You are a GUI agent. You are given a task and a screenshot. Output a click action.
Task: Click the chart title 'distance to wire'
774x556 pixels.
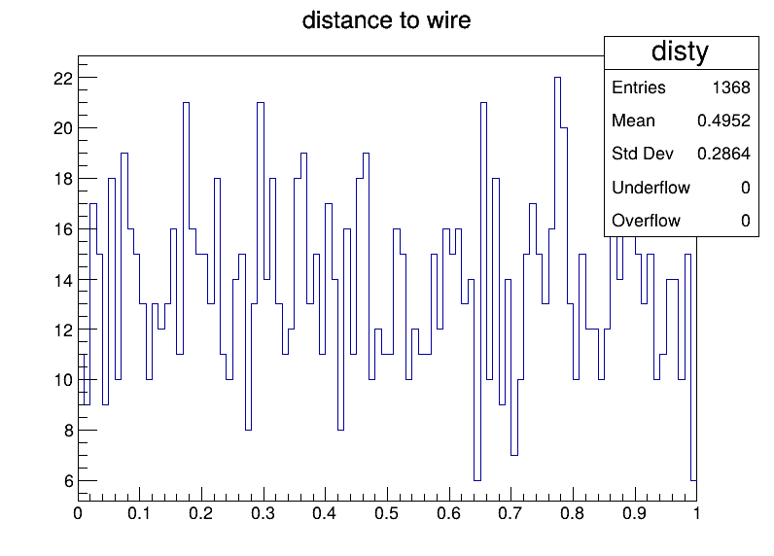(386, 20)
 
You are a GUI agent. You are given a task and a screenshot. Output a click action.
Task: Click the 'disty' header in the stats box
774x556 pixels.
(681, 52)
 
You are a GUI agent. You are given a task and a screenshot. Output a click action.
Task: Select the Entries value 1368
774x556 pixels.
(731, 87)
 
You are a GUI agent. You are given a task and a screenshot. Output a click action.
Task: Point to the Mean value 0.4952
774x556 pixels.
(723, 121)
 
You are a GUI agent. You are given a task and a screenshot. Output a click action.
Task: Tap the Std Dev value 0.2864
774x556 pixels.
(723, 154)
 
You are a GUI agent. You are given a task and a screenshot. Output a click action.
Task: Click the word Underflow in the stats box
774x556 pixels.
(651, 188)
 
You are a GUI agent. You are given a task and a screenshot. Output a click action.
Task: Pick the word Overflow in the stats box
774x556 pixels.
(646, 221)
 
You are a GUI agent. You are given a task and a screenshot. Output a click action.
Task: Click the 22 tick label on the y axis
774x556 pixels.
(63, 78)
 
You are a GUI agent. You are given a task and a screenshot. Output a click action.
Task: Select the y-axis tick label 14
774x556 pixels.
(63, 280)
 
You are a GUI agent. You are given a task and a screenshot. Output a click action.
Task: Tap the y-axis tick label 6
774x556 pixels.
(69, 481)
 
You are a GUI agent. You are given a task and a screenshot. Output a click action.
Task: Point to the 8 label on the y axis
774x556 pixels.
(69, 431)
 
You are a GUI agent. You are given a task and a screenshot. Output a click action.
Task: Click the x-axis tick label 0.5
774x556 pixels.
(386, 513)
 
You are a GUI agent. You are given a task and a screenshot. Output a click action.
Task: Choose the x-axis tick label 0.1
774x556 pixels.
(139, 513)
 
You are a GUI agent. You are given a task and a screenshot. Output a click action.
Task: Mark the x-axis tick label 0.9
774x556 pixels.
(634, 513)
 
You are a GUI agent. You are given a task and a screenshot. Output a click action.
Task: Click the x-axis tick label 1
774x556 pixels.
(696, 513)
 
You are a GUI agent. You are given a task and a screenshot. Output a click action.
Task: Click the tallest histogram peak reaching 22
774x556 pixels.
(557, 78)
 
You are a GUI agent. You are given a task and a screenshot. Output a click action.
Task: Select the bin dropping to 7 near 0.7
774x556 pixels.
(513, 455)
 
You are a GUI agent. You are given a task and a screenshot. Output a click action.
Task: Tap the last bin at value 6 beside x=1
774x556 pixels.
(693, 480)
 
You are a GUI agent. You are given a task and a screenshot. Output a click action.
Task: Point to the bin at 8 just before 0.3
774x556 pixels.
(248, 430)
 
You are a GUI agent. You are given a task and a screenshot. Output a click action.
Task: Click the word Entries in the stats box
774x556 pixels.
(639, 87)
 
